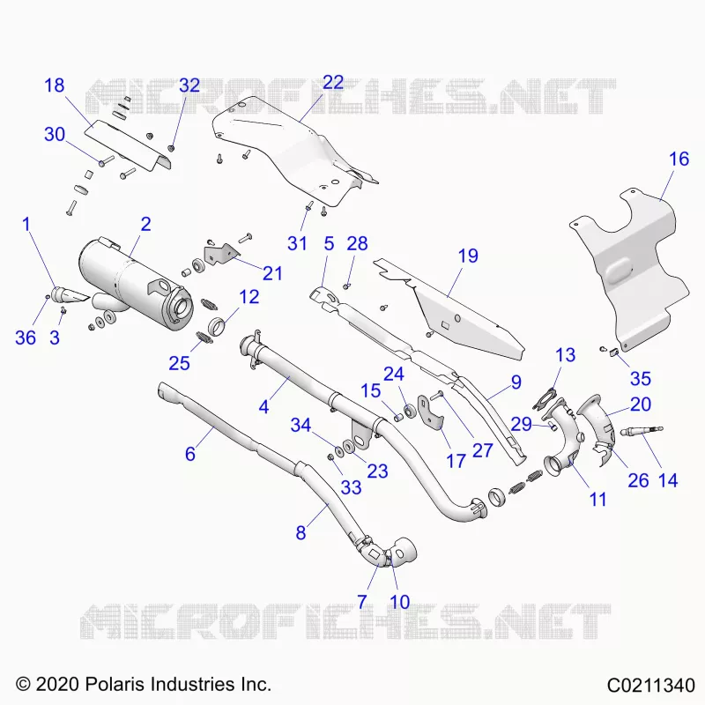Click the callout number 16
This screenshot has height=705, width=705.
[679, 159]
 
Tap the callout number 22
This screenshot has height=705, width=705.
[333, 82]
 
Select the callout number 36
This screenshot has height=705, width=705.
[26, 338]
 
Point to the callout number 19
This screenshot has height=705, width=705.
[468, 256]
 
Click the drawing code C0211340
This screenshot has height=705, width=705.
[650, 686]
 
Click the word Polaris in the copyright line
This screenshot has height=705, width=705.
[115, 684]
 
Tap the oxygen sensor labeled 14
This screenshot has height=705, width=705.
[641, 432]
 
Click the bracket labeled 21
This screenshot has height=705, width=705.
[220, 254]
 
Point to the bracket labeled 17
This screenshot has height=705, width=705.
[431, 412]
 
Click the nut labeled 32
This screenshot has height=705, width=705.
[171, 148]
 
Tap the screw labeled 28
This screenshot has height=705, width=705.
[346, 286]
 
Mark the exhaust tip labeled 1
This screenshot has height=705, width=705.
[70, 295]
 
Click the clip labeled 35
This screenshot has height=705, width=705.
[612, 352]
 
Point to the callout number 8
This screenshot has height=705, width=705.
[301, 533]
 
